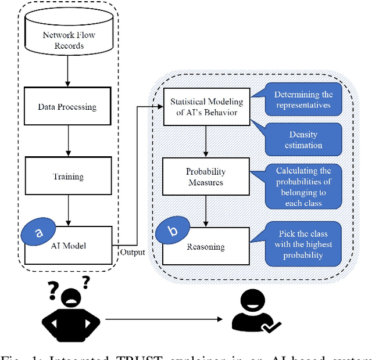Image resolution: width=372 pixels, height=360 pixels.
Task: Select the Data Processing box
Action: pyautogui.click(x=67, y=107)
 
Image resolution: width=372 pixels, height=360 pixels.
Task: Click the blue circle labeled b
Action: pyautogui.click(x=173, y=231)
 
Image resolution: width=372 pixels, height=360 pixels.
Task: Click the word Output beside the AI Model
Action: pyautogui.click(x=133, y=251)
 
